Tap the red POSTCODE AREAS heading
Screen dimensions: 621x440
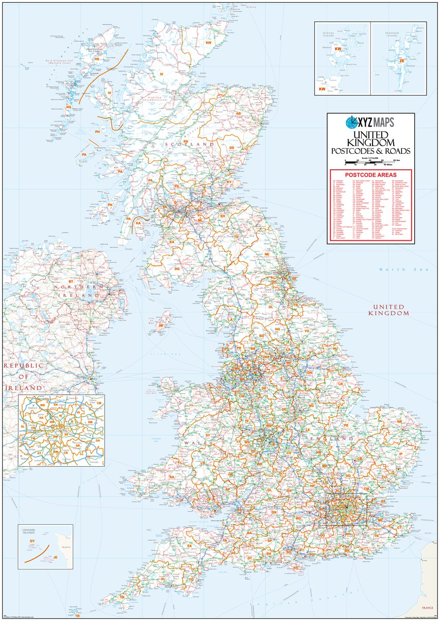[370, 174]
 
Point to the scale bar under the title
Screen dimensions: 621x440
[370, 162]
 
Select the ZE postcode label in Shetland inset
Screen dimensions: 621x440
[401, 61]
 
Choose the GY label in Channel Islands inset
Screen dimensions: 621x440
[32, 542]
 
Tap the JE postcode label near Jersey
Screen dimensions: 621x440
[55, 557]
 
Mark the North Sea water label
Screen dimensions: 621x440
[393, 270]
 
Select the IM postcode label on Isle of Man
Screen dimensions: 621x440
[161, 326]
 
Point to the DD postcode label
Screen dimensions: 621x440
[232, 148]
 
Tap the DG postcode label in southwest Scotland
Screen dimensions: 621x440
[177, 269]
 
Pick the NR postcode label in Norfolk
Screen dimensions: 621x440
[399, 422]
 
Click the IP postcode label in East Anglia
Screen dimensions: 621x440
[401, 454]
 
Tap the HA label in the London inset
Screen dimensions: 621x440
[41, 418]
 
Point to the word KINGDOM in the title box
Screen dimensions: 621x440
[370, 142]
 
